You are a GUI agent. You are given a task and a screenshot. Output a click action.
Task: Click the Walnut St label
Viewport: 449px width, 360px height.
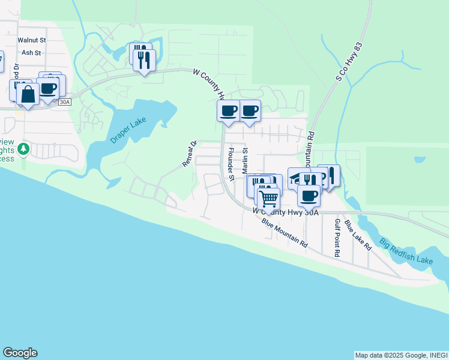[31, 40]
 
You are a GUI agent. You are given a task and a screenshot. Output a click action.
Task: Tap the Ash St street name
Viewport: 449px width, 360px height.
[31, 53]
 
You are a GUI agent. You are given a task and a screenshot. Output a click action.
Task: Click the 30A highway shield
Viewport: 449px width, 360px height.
[65, 103]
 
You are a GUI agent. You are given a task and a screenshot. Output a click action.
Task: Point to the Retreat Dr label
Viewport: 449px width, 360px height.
[190, 154]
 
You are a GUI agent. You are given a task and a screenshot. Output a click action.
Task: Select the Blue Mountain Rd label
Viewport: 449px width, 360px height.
[285, 233]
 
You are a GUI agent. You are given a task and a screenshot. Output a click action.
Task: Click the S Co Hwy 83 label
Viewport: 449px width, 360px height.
[351, 65]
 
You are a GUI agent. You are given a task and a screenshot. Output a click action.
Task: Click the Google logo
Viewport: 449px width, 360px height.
[20, 353]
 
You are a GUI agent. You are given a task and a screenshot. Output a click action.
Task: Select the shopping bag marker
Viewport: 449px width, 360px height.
[28, 94]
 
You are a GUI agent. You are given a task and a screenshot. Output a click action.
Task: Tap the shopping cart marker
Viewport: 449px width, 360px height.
[268, 197]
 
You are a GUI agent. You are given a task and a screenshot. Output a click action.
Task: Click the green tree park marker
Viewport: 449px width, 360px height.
[23, 148]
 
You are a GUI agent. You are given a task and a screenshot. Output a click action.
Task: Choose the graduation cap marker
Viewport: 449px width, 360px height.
[297, 177]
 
